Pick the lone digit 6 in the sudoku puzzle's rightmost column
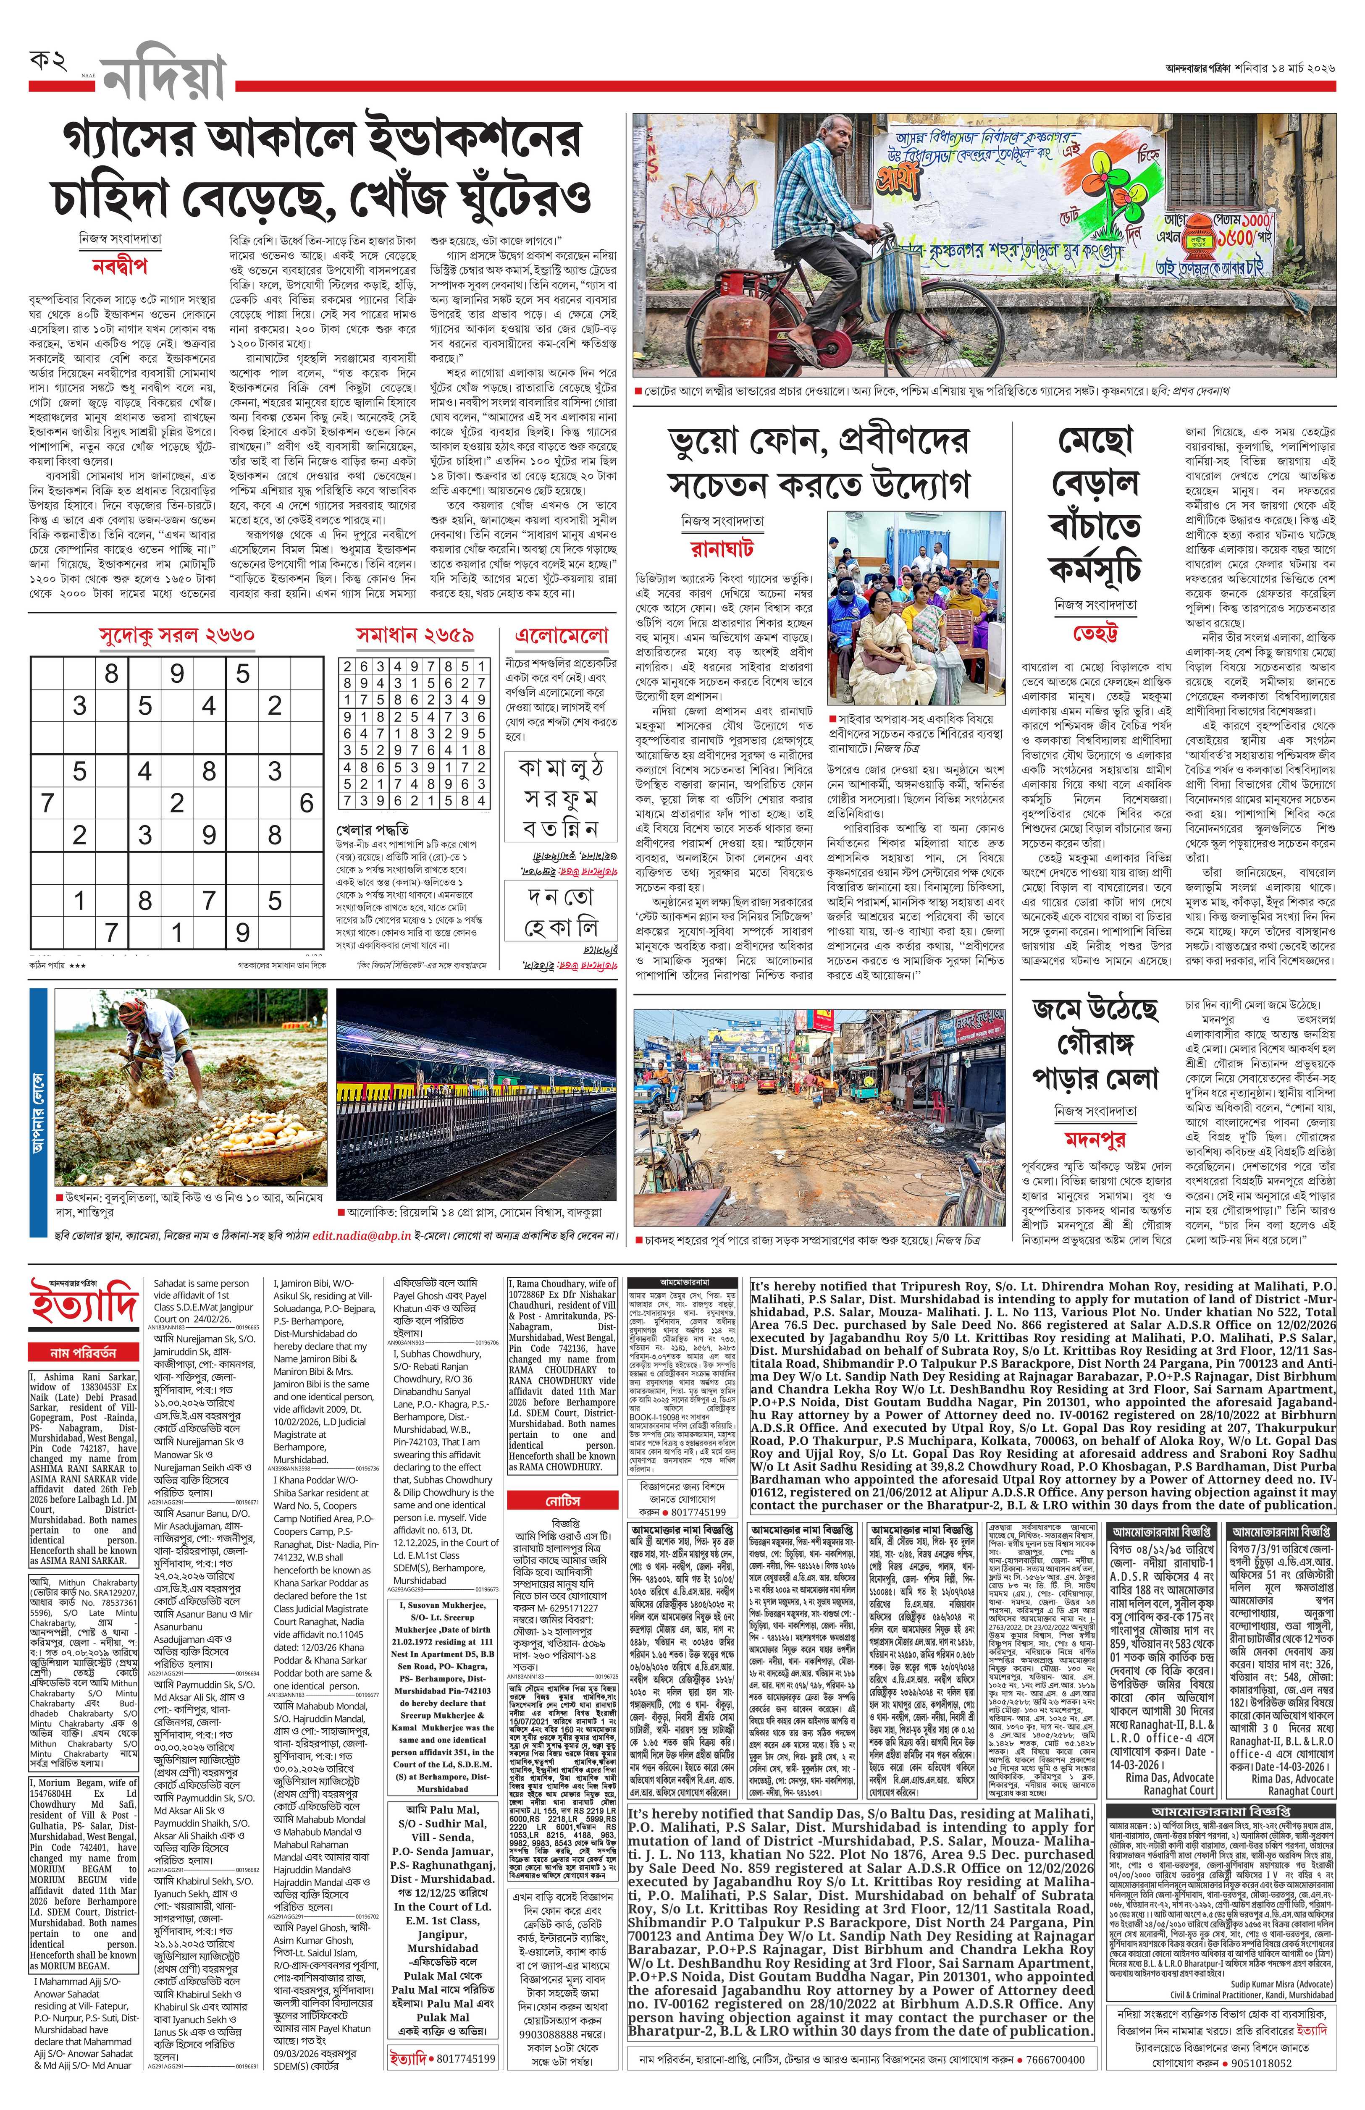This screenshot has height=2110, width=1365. (307, 803)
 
